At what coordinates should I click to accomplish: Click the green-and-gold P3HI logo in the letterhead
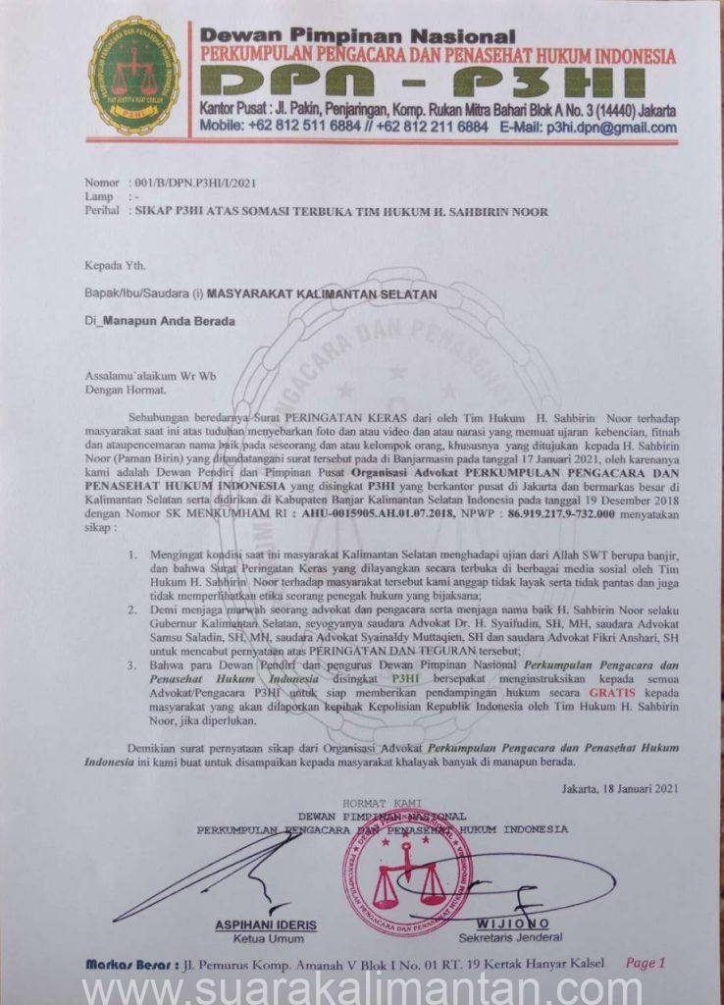coord(134,76)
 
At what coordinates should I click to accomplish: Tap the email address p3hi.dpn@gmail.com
coord(612,128)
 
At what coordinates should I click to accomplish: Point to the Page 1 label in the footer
coord(646,963)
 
